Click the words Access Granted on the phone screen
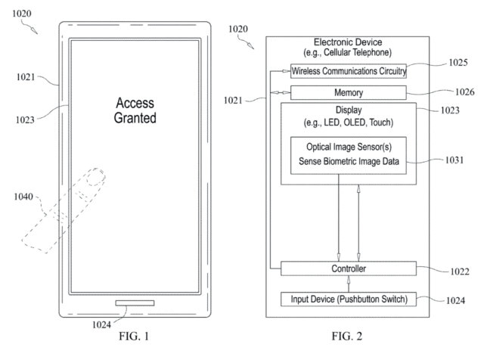coord(135,110)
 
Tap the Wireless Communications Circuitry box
coord(349,71)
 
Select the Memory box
coord(349,92)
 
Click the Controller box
coord(349,268)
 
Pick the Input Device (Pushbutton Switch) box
coord(349,299)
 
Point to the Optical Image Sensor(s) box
coord(349,156)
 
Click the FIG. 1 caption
coord(134,336)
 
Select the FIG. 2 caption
coord(346,336)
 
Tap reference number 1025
coord(458,62)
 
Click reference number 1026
coord(465,92)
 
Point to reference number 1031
coord(455,160)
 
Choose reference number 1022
coord(460,272)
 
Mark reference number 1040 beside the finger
coord(23,197)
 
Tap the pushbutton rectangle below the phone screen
coord(135,303)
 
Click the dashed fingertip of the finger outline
coord(96,177)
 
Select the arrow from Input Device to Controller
coord(349,284)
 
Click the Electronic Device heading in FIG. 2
coord(348,42)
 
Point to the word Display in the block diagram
coord(349,110)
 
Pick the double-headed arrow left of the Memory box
coord(281,92)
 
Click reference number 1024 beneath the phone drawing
coord(101,324)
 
